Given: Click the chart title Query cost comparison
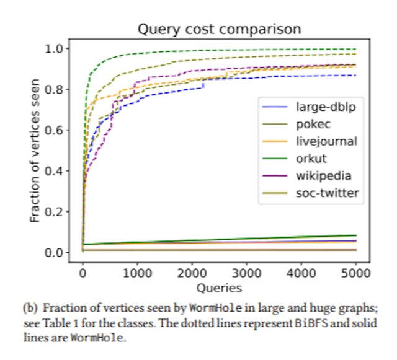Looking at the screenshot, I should [219, 29].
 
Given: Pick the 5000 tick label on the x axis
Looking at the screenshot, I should [356, 273].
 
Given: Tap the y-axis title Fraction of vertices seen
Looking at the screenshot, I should [35, 150].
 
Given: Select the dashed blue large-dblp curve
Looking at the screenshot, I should [279, 77].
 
